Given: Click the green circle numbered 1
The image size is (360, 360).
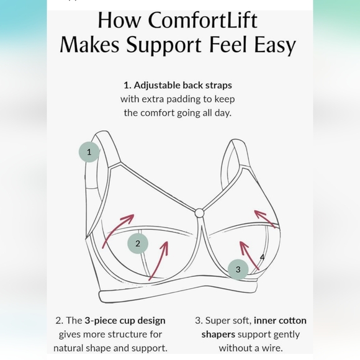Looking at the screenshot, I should click(x=89, y=151).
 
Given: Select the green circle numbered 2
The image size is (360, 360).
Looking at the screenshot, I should click(x=138, y=243).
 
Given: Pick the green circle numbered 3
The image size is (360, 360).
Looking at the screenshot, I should click(x=238, y=269).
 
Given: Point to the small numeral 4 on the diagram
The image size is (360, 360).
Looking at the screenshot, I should click(x=262, y=256).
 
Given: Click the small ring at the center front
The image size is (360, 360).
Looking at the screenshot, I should click(x=199, y=213).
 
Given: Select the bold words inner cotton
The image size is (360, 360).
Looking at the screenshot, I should click(x=280, y=321).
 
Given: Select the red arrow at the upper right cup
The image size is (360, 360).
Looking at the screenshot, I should click(x=266, y=217).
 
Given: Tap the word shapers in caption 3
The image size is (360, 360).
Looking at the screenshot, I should click(x=218, y=335).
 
